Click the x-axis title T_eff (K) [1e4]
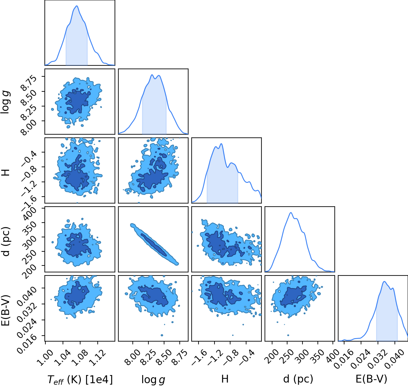(80, 379)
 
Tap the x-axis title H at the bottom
(225, 379)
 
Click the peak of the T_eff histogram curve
(77, 6)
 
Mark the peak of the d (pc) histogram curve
(291, 213)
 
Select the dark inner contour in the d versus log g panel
(154, 245)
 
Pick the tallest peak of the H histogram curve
(221, 144)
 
